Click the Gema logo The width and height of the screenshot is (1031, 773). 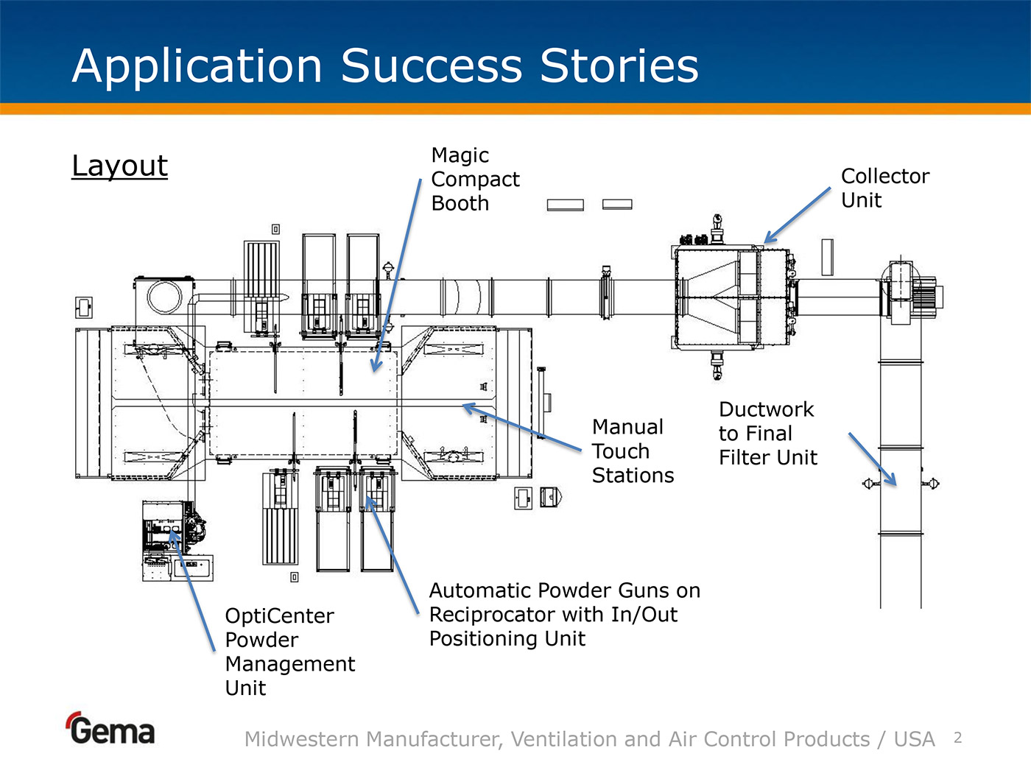point(111,728)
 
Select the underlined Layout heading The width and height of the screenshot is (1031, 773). point(119,166)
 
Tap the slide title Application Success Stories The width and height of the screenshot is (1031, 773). point(385,66)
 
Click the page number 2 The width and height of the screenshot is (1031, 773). point(958,738)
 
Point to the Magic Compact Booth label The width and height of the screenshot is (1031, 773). point(475,179)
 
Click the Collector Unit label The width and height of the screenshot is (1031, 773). point(885,188)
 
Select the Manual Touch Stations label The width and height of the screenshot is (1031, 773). point(632,451)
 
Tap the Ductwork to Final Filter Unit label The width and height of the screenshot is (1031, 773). point(768,433)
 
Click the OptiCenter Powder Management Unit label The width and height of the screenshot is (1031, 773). point(290,652)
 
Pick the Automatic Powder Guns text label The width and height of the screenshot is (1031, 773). point(565,614)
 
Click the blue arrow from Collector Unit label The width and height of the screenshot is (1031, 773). point(797,216)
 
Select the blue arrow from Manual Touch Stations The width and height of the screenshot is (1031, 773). point(522,427)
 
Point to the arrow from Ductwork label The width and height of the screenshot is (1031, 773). point(873,459)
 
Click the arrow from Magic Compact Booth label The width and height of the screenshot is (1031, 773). point(397,275)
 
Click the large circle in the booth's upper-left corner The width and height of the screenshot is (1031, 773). point(164,297)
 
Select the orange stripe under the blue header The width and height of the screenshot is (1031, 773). point(515,108)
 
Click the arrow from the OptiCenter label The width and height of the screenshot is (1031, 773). point(193,590)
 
